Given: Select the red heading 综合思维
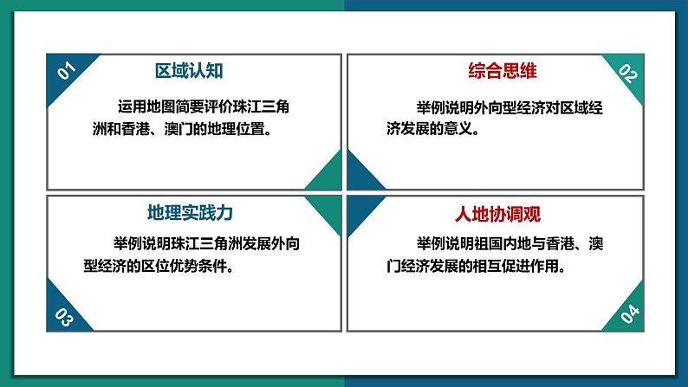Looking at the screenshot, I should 497,71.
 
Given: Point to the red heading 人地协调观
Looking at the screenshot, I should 498,212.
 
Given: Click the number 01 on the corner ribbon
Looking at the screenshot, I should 67,72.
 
